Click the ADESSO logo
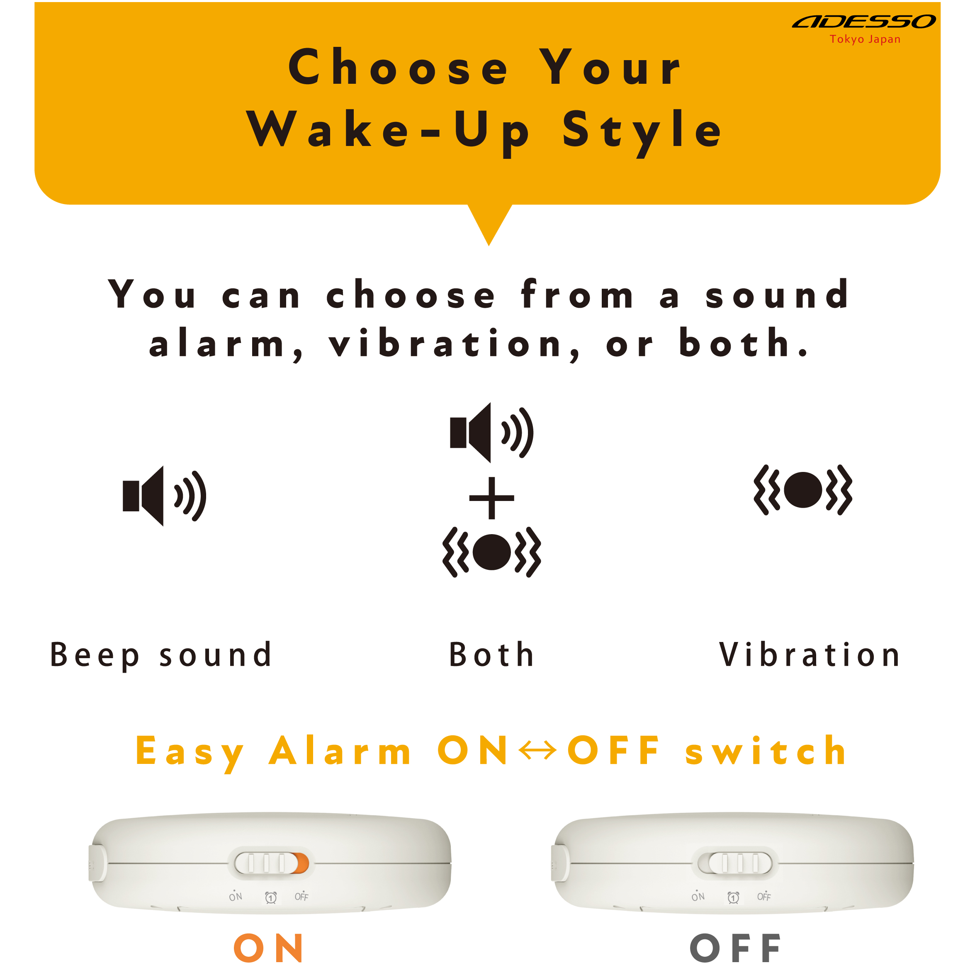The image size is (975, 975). click(864, 21)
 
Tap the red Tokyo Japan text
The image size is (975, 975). click(865, 39)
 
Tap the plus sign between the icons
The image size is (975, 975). click(491, 498)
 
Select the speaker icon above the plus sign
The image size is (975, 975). click(491, 433)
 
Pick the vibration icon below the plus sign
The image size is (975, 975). click(491, 552)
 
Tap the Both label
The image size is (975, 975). click(491, 655)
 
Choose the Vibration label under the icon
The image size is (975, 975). click(810, 655)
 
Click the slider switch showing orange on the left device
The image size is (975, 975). click(272, 863)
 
